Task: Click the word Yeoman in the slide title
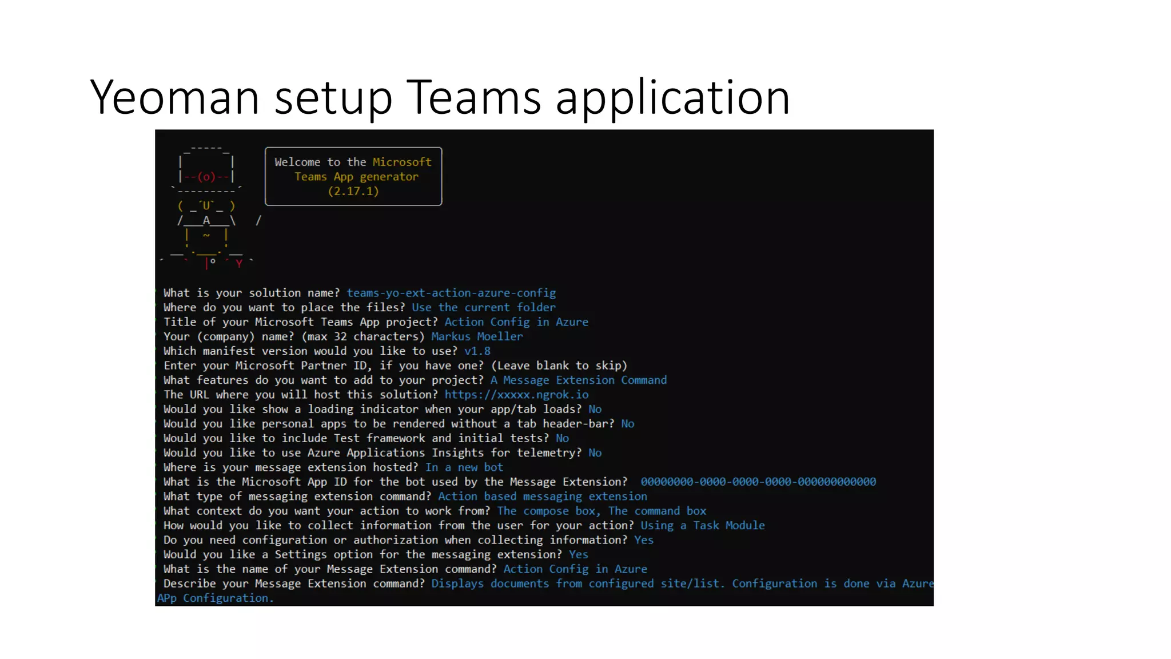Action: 175,97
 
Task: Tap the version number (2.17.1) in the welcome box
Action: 353,191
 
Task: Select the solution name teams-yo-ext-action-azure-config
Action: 451,293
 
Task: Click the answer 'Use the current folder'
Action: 483,307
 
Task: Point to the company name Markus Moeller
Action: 477,336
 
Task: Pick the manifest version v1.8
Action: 477,351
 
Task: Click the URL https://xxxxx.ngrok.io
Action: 516,395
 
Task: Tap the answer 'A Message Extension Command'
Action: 578,380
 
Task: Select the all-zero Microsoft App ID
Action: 758,482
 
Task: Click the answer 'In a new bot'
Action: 464,467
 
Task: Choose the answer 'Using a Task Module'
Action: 702,525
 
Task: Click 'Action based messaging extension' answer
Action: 543,497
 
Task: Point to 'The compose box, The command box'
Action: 602,511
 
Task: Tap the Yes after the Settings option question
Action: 578,554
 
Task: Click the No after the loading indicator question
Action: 595,409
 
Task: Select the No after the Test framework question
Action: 562,438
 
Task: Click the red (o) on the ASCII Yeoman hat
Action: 206,177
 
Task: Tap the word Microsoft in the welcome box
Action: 402,162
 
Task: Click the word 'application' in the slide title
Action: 672,97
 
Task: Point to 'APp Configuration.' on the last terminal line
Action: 215,598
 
